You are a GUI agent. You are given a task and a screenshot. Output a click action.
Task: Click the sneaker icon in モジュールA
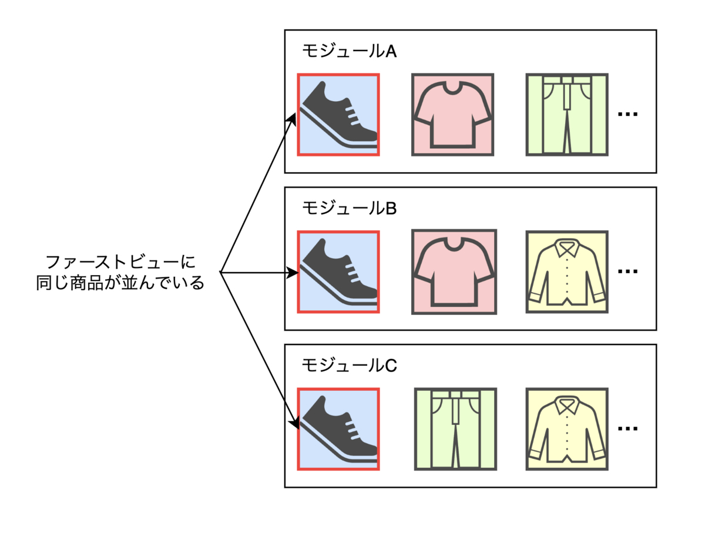[338, 115]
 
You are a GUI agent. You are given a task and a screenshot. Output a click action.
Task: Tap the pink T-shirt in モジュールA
[452, 115]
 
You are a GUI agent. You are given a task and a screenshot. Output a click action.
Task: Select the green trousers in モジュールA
[567, 115]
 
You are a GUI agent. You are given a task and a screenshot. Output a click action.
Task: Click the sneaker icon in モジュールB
[338, 272]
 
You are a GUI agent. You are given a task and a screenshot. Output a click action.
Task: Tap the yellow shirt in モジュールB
[567, 272]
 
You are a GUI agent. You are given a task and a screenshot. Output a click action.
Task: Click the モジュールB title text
[349, 208]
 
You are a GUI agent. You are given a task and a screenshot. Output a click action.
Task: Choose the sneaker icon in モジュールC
[338, 429]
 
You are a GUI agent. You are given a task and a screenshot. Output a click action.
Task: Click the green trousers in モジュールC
[455, 429]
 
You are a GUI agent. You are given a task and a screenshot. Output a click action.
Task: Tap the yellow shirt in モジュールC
[567, 429]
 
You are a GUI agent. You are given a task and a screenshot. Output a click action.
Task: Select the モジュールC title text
[349, 366]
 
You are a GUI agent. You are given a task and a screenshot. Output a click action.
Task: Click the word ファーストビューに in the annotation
[120, 261]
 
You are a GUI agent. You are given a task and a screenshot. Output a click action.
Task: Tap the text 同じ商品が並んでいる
[120, 283]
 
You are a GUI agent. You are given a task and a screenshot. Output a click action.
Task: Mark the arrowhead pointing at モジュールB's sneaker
[292, 273]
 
